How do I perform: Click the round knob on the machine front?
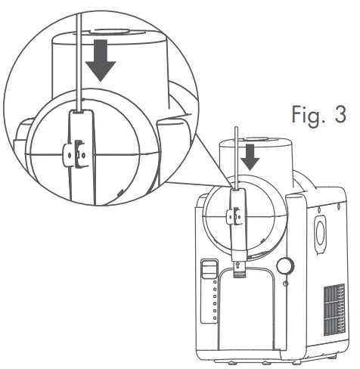click(x=285, y=265)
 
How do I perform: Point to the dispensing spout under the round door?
click(x=239, y=274)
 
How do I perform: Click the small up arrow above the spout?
click(x=239, y=265)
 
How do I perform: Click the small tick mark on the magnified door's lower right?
click(x=121, y=194)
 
